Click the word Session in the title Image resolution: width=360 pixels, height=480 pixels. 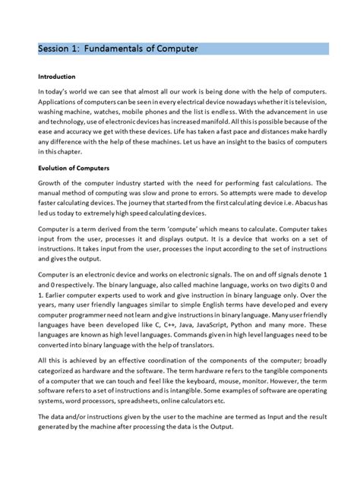point(55,49)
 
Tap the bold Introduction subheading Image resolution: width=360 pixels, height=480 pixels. point(57,77)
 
